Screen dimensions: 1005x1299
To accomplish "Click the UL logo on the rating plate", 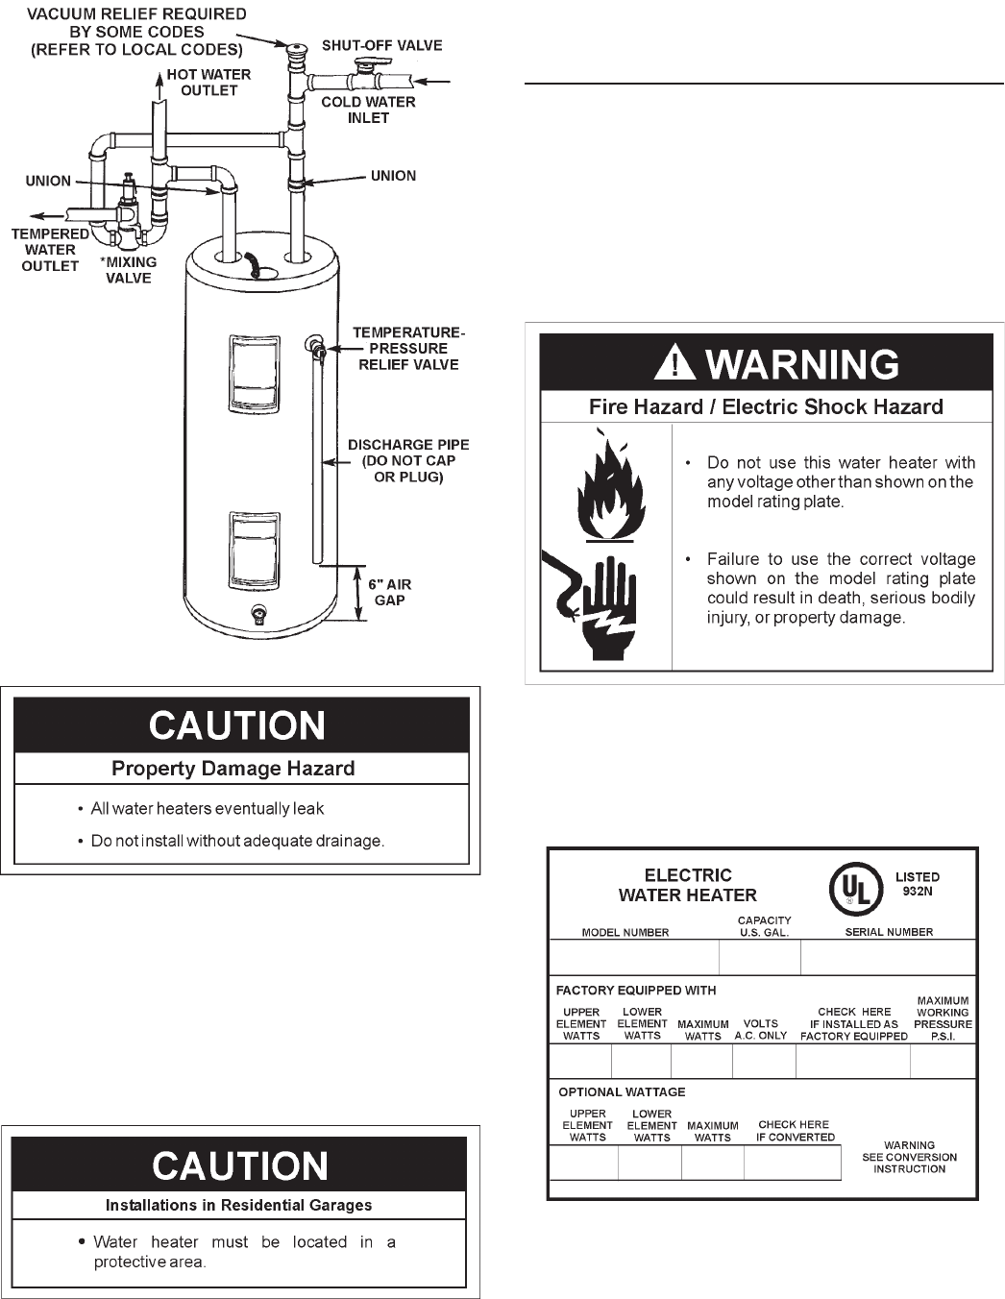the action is click(856, 889).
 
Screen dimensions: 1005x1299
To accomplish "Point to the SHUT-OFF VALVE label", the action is click(381, 45).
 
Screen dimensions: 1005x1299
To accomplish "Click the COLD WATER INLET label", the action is click(368, 110).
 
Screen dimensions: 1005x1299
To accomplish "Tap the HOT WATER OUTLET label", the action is click(208, 83).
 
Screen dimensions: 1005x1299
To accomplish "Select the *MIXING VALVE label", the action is click(129, 270).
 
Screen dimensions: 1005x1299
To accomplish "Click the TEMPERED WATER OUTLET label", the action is click(50, 249).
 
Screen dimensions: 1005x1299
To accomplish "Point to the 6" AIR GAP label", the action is click(390, 592).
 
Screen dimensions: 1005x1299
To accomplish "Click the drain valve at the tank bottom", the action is click(257, 613).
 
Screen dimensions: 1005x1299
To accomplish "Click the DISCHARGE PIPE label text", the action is click(408, 460).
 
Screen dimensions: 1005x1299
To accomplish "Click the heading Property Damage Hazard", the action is click(233, 769).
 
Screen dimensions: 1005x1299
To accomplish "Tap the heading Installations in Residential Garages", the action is click(238, 1205).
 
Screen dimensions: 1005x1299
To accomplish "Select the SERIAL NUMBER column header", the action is click(889, 932).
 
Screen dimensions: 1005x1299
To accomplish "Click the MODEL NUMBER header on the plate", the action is click(625, 932).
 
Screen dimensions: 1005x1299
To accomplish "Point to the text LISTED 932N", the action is click(918, 884).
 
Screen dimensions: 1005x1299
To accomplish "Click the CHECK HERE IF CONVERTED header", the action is click(795, 1131).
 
